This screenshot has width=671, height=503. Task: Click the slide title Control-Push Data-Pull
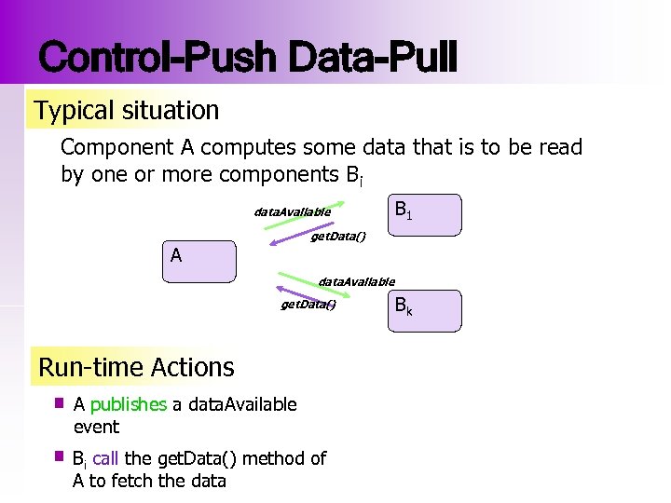[x=248, y=58]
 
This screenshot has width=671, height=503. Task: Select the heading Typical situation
[x=127, y=111]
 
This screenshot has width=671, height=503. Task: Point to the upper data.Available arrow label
[x=292, y=211]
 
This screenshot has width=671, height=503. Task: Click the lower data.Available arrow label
[x=356, y=280]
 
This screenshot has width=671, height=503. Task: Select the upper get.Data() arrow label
[x=337, y=237]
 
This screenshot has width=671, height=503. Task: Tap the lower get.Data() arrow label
[x=308, y=305]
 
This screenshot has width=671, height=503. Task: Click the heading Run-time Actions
[x=136, y=367]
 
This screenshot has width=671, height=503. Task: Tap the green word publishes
[x=128, y=404]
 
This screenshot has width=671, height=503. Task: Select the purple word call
[x=105, y=458]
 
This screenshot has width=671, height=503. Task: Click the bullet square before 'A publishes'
[x=58, y=403]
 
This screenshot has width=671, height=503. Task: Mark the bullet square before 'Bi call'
[x=58, y=457]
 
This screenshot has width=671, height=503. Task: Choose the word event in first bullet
[x=96, y=427]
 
